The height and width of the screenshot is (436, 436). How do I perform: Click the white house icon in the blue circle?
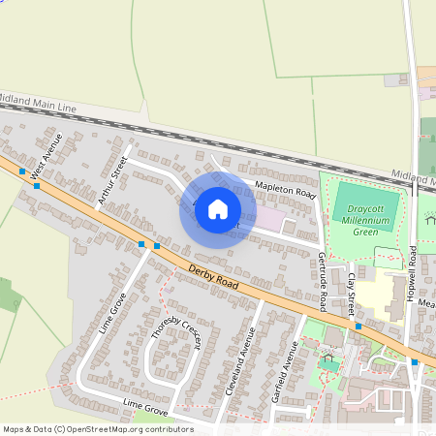tap(218, 208)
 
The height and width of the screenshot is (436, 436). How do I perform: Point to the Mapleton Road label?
tap(287, 189)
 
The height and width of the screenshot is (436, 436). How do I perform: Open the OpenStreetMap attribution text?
tap(97, 429)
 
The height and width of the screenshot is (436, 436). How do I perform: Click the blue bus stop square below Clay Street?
tap(358, 327)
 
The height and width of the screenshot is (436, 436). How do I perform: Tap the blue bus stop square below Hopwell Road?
tap(414, 361)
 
